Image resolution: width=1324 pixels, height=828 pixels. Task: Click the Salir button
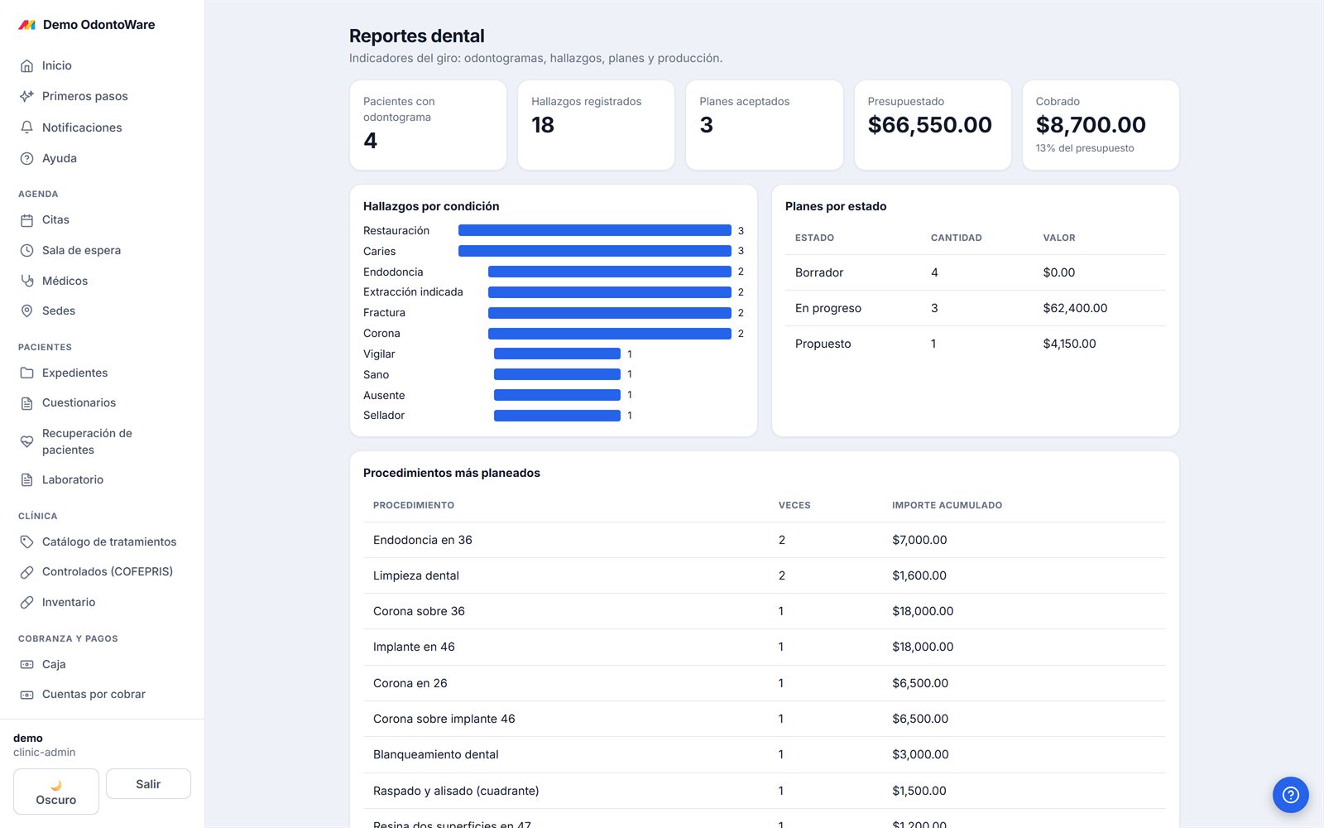pos(148,783)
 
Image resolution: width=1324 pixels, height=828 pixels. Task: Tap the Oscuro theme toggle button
pos(56,792)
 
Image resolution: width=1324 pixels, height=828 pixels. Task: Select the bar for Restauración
pos(595,230)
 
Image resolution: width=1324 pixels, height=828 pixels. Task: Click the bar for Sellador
pos(557,415)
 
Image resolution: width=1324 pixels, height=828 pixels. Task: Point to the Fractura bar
pos(609,312)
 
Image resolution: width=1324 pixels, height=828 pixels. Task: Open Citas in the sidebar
pos(55,219)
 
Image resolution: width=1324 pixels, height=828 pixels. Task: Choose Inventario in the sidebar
pos(69,602)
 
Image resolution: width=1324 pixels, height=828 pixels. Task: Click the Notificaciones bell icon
pos(26,128)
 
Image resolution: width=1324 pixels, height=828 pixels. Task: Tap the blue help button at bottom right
pos(1290,794)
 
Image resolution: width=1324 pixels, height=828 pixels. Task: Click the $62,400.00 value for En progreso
pos(1075,307)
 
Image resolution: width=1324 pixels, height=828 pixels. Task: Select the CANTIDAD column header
pos(956,238)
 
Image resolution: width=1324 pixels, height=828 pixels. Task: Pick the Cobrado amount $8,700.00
pos(1091,124)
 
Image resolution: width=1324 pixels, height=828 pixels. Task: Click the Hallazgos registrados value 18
pos(543,124)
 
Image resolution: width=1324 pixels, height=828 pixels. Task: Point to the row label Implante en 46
pos(414,647)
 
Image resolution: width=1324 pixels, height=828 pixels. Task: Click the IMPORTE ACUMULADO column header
pos(947,505)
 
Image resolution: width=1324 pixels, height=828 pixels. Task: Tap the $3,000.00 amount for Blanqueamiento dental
pos(920,754)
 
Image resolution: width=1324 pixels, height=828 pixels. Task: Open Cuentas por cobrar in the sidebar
pos(94,694)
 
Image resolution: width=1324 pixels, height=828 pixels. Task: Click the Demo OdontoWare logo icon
pos(27,25)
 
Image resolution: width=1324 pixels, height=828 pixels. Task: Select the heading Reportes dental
pos(417,36)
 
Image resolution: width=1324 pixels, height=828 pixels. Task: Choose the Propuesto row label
pos(823,344)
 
